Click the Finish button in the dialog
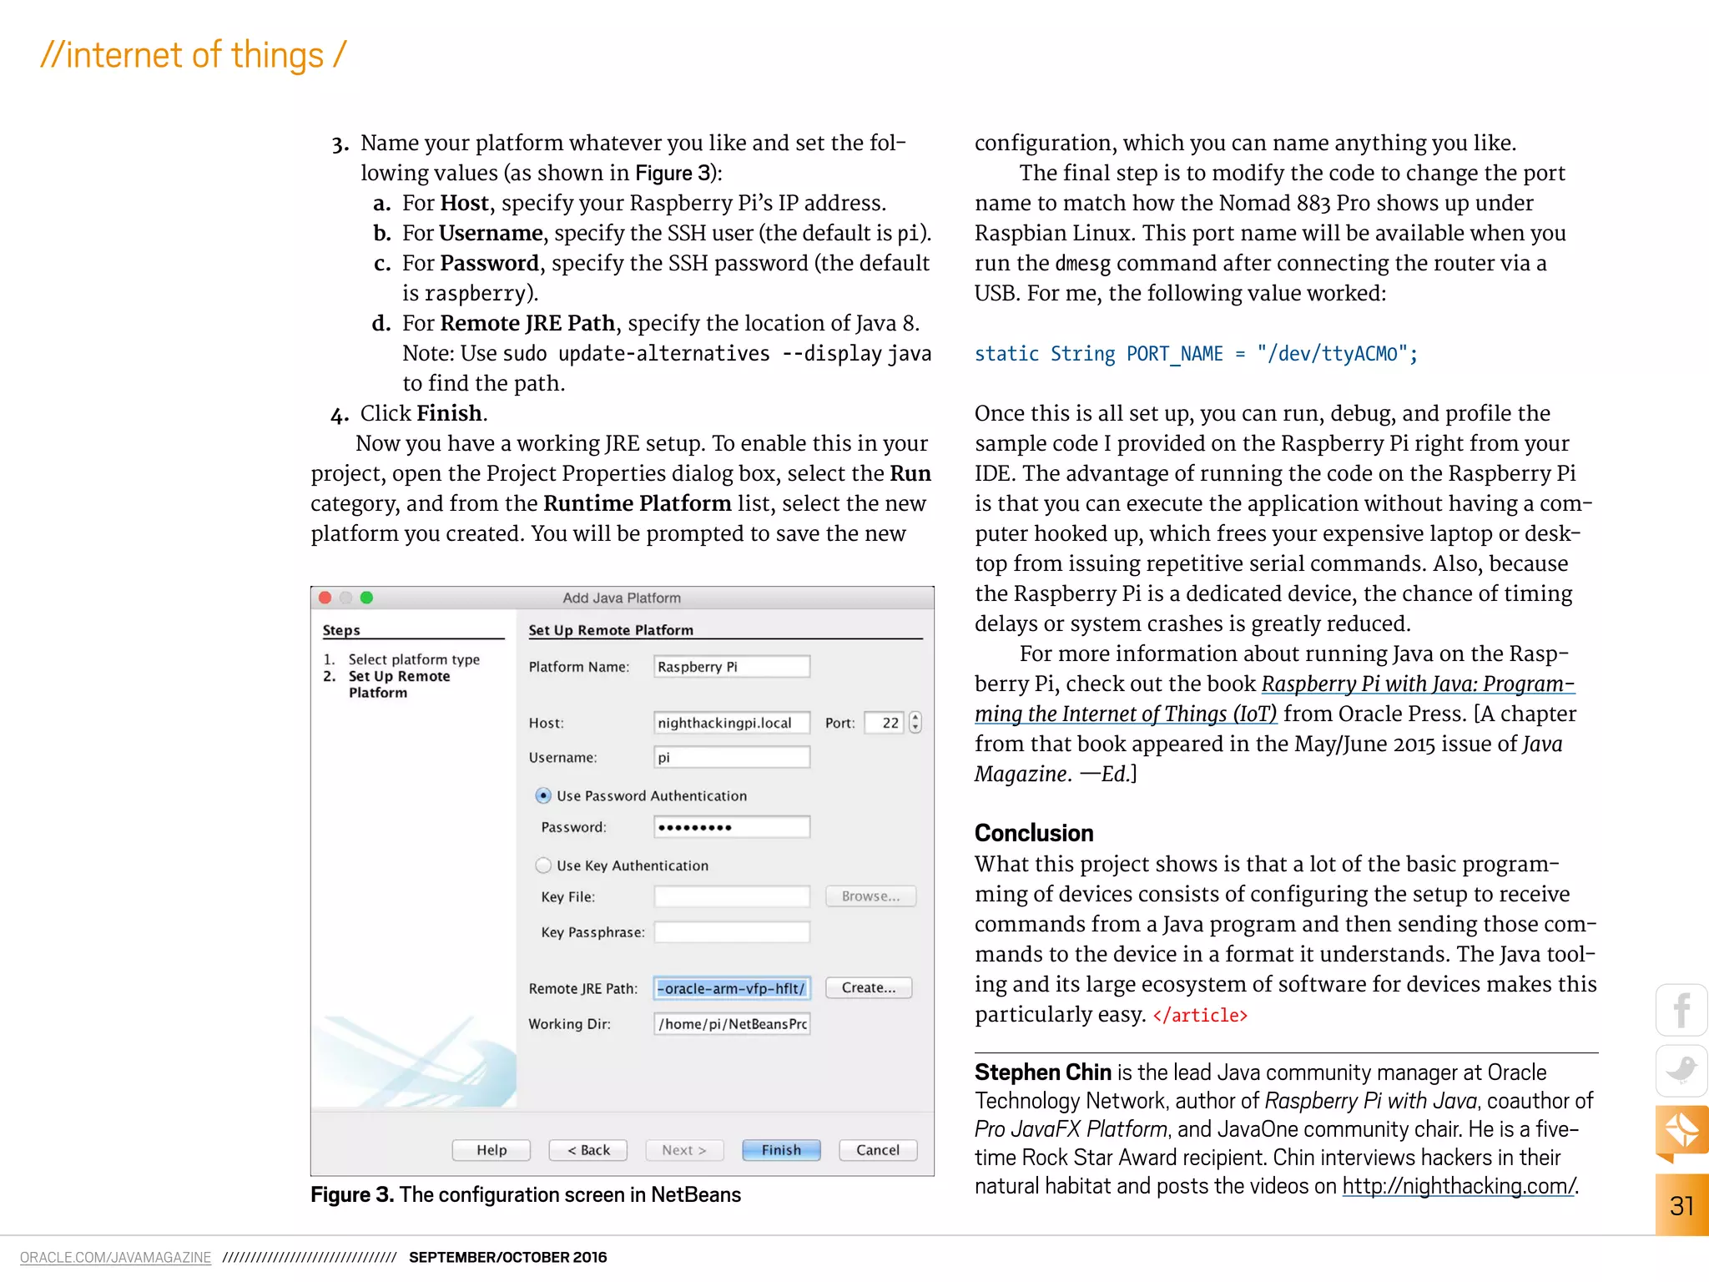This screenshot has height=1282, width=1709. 781,1150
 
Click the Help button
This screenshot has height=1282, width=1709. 492,1150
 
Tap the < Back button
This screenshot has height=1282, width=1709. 588,1150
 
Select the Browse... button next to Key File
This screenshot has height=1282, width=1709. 870,896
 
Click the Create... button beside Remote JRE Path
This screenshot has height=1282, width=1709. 868,988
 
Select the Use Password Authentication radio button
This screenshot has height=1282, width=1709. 543,796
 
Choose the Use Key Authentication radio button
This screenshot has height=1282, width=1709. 543,866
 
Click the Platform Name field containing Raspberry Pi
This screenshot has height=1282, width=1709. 731,667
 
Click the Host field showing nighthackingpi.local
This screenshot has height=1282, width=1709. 731,723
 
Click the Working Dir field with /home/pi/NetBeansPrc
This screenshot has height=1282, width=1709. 731,1024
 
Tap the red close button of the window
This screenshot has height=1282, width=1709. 325,598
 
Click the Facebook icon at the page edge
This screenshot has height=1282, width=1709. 1681,1010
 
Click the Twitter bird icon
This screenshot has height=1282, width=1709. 1681,1071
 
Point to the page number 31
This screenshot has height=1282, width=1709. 1681,1206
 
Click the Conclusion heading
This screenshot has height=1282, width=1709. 1034,833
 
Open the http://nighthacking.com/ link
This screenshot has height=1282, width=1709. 1459,1186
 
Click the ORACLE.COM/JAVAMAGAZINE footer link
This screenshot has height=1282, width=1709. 115,1258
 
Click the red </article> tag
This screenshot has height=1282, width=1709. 1200,1016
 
